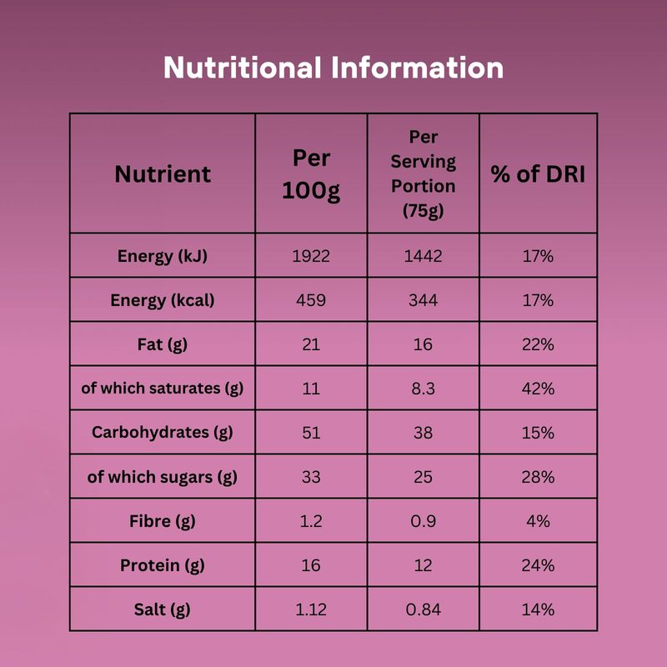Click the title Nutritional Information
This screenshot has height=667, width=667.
[x=333, y=68]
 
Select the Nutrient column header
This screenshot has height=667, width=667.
[x=163, y=174]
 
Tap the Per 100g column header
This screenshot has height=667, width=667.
[x=311, y=174]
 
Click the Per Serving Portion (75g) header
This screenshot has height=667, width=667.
[x=423, y=173]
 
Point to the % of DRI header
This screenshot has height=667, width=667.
[x=538, y=174]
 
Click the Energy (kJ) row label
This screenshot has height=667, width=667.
[x=163, y=256]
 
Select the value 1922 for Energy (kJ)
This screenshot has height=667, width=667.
[x=311, y=256]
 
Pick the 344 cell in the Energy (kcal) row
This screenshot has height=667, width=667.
[x=423, y=300]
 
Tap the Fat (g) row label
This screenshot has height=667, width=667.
[x=163, y=344]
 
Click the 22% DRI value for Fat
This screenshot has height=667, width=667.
[x=538, y=344]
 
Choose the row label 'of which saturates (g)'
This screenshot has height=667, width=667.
[x=163, y=389]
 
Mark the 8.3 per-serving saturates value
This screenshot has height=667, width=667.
[x=423, y=389]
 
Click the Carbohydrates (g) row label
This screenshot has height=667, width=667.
[x=163, y=433]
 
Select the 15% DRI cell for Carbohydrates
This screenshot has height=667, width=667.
[x=538, y=433]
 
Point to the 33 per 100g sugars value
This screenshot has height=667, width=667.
[x=311, y=477]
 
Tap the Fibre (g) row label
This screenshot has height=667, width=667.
[x=163, y=521]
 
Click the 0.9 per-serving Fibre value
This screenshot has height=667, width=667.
[x=423, y=521]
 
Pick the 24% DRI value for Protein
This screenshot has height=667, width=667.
[x=538, y=565]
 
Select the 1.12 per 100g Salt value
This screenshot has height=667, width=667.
[x=311, y=609]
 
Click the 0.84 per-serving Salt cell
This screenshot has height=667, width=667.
[x=423, y=609]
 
